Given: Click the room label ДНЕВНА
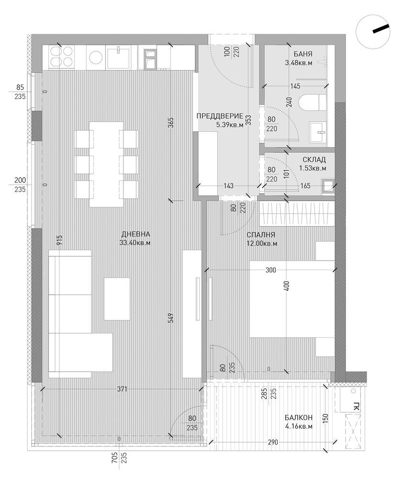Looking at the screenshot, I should tap(136, 234).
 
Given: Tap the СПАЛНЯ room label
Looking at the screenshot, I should tap(261, 235).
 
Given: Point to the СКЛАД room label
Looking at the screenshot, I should tap(314, 160).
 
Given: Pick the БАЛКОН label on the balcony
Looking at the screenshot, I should tap(299, 418).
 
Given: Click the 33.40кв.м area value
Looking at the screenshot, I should tap(135, 243).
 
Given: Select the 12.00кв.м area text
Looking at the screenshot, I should tap(261, 243).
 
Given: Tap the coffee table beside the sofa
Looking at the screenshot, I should tap(117, 299).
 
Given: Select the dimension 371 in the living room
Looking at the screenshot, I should tap(122, 389).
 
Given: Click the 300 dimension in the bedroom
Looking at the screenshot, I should tap(270, 271).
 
